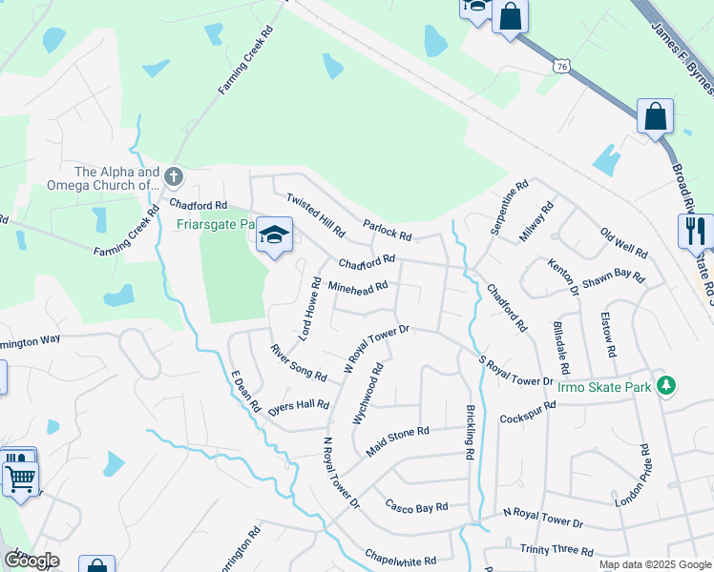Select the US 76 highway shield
click(560, 65)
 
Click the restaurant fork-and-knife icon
click(696, 231)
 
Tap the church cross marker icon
click(173, 176)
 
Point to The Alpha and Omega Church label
click(117, 178)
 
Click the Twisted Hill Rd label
click(316, 214)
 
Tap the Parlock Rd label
click(387, 229)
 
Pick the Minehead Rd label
click(357, 286)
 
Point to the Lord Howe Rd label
click(308, 308)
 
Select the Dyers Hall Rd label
click(298, 405)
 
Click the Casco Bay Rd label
click(416, 505)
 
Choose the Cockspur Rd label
click(527, 411)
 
